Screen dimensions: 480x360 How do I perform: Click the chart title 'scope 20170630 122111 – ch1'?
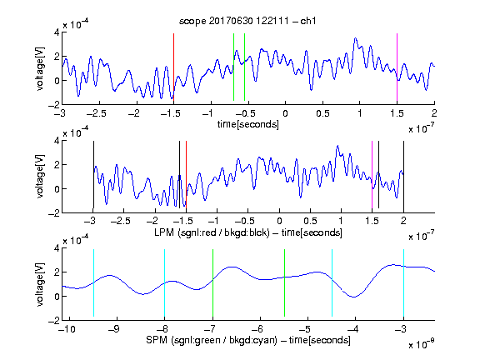247,21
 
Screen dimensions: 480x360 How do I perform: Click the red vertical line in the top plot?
173,67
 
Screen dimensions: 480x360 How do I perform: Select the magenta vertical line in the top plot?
397,67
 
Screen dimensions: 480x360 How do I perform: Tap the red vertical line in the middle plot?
186,175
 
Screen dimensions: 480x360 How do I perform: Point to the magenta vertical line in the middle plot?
372,175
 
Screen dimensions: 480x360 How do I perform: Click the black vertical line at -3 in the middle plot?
93,175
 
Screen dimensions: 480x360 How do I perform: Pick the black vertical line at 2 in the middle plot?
403,175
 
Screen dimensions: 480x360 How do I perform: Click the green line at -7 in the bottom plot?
212,282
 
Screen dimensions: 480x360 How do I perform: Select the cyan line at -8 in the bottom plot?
165,282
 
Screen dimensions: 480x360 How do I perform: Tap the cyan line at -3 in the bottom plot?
403,282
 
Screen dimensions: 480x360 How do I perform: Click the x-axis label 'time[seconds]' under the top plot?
248,124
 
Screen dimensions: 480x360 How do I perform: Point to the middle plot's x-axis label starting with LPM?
248,232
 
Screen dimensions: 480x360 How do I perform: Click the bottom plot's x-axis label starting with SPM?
248,340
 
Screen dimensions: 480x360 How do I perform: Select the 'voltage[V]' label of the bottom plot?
40,284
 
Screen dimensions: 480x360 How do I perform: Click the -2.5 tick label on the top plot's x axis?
97,113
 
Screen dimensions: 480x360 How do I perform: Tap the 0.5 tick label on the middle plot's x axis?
310,221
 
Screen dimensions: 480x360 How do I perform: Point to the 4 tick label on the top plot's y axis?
57,32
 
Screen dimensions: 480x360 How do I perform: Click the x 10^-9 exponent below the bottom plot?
421,344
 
